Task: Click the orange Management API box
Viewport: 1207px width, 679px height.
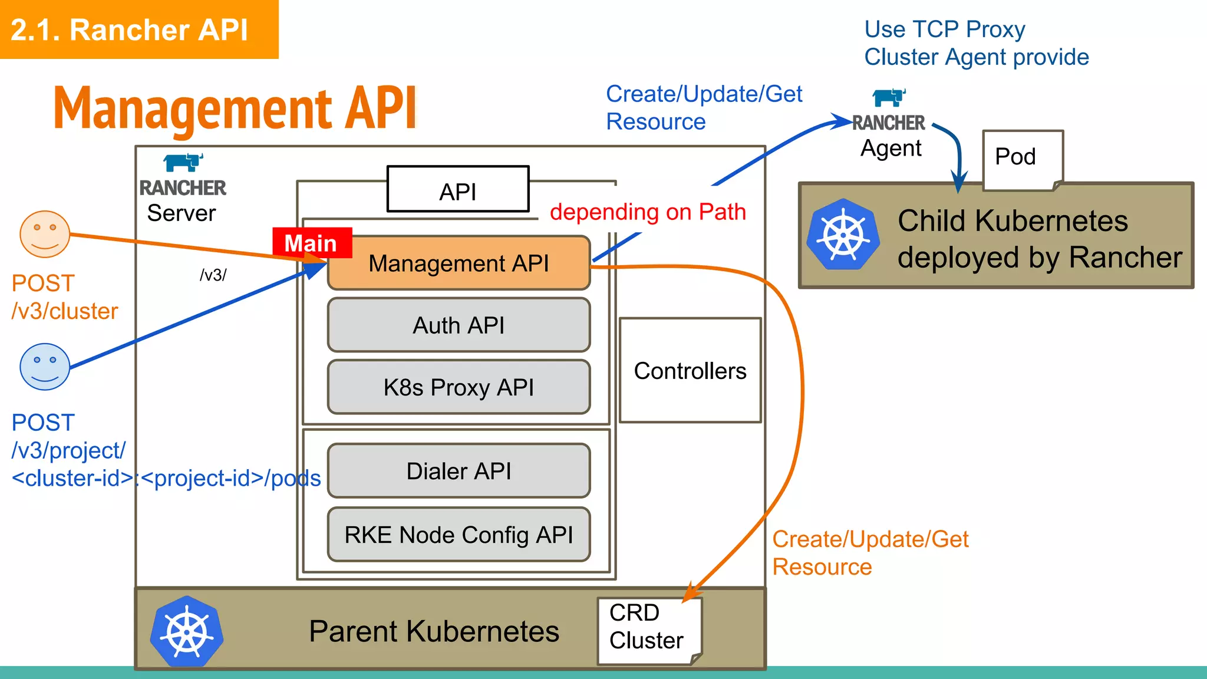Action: pos(459,263)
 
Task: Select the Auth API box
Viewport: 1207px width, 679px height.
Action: pos(459,325)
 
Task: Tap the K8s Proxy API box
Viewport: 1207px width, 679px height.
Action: pos(459,387)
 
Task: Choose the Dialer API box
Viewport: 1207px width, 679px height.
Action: pos(459,471)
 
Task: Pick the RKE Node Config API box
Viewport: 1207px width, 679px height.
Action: pos(459,535)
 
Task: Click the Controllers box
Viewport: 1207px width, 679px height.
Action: pos(690,371)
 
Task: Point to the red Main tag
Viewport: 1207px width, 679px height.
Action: pos(312,243)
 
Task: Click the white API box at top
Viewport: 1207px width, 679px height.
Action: pos(458,190)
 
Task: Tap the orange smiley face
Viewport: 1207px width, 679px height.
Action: pos(45,234)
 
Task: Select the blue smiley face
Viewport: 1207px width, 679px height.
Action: pos(45,367)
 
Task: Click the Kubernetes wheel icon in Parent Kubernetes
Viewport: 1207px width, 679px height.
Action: pos(187,632)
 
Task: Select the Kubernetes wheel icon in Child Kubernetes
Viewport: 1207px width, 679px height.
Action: pos(843,235)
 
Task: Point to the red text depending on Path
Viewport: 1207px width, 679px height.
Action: pos(647,212)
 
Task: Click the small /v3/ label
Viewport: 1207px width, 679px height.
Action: pos(213,275)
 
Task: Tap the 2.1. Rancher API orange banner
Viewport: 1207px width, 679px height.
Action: pos(138,29)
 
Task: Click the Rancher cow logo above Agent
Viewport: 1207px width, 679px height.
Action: pos(889,97)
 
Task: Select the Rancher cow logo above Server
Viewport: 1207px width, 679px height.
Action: pos(183,161)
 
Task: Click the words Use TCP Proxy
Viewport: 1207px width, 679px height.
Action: pos(944,29)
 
